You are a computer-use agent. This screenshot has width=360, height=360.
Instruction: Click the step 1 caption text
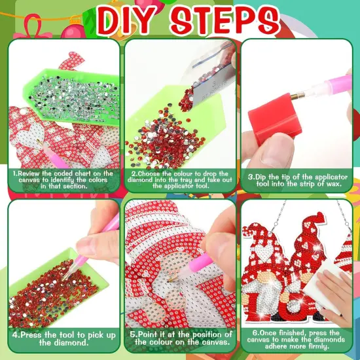(62, 179)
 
